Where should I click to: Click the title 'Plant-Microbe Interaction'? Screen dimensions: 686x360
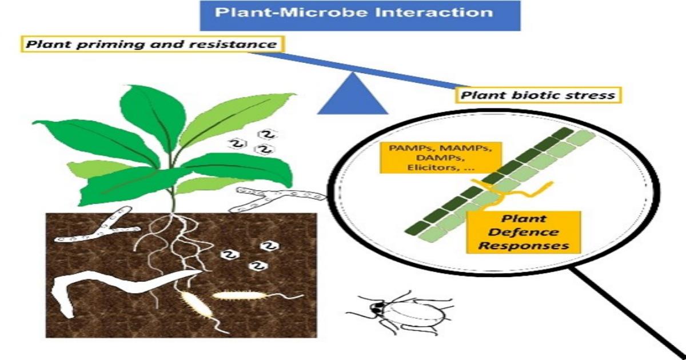click(x=354, y=12)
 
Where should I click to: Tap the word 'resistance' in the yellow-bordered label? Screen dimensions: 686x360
click(x=233, y=45)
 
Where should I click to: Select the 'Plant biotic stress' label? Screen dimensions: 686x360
click(x=538, y=95)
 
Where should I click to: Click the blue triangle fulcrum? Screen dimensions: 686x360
click(x=353, y=95)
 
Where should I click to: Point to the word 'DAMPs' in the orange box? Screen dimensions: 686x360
click(x=438, y=158)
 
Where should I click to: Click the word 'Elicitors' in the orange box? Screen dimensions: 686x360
click(x=430, y=168)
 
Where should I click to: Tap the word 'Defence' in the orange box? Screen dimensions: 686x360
click(x=523, y=232)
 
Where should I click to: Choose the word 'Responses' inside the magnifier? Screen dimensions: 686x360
click(x=524, y=246)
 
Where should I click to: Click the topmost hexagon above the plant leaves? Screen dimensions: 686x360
click(x=268, y=134)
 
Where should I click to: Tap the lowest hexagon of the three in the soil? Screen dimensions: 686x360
click(x=259, y=266)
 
